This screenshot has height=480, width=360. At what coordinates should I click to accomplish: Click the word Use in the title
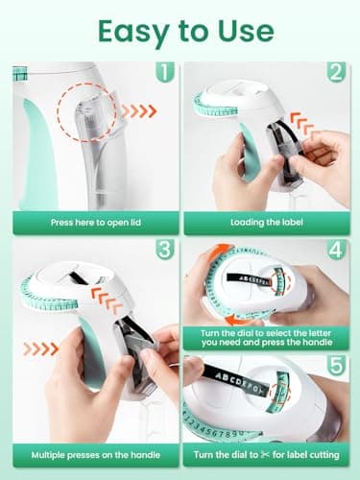246,32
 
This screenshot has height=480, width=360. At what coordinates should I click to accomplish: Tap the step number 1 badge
165,72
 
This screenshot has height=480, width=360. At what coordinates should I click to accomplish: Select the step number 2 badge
336,72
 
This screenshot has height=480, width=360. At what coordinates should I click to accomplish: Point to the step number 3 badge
165,250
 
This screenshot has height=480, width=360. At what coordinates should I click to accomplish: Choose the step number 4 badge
336,250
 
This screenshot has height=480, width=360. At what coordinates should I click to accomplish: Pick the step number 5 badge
336,365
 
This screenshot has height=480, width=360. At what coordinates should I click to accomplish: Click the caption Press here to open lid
96,223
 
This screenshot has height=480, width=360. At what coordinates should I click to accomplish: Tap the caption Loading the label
267,222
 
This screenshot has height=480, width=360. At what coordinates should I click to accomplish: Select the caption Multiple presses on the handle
96,455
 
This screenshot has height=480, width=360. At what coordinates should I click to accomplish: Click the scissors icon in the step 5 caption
265,454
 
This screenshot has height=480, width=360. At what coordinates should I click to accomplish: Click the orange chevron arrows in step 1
139,111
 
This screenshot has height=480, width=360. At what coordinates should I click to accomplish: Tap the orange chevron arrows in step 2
301,124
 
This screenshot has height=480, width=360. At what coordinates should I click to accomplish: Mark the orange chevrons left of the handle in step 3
40,348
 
